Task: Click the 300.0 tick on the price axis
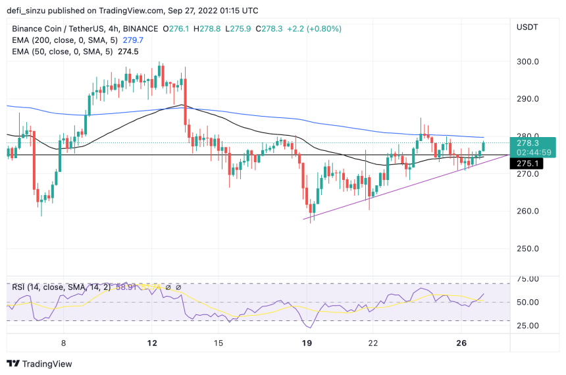point(528,62)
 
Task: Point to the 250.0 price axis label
point(528,249)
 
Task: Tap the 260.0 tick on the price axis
point(528,212)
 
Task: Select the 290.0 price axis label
point(528,99)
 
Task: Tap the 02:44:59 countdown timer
point(534,152)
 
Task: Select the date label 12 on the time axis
point(152,343)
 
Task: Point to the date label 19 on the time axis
point(306,343)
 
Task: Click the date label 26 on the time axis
point(462,343)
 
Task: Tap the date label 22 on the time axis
point(373,343)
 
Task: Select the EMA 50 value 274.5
point(128,51)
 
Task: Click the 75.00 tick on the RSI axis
point(528,279)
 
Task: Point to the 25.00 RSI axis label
point(528,326)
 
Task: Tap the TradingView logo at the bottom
point(39,363)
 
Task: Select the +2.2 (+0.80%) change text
point(309,29)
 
